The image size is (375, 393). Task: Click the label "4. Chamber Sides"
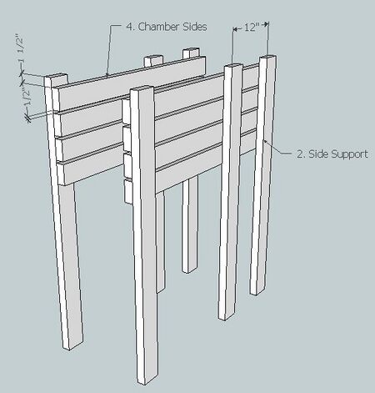[167, 27]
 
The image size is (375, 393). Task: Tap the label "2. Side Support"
[332, 154]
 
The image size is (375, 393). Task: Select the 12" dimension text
[250, 28]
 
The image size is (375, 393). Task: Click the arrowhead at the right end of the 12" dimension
[266, 24]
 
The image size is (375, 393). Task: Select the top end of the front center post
[142, 88]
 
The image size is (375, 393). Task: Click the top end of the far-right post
[268, 58]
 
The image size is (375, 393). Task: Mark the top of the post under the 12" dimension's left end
[233, 66]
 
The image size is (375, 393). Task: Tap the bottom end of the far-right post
[257, 291]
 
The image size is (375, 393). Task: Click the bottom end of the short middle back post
[190, 269]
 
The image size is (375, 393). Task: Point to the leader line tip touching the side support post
[265, 141]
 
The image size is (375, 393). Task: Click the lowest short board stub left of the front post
[128, 191]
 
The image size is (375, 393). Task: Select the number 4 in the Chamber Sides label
[129, 27]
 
